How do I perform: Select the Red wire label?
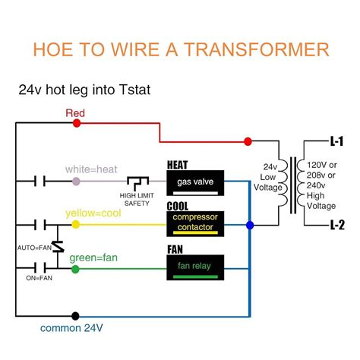coord(75,114)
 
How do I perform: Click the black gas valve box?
coord(196,183)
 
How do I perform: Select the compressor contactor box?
coord(196,222)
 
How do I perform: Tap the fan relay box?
coord(196,265)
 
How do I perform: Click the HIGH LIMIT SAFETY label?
coord(140,196)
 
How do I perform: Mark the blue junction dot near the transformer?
coord(251,225)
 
